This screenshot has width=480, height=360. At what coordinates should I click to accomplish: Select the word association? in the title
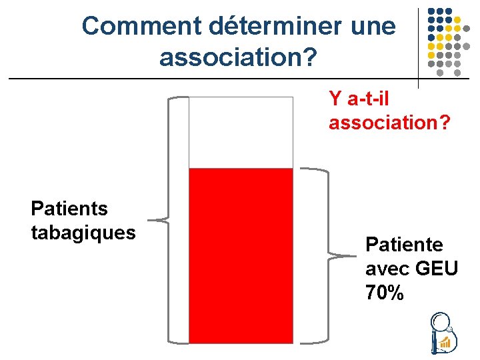pyautogui.click(x=238, y=57)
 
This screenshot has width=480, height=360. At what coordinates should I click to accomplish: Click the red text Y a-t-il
pyautogui.click(x=359, y=99)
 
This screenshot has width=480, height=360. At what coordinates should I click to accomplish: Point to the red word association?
pyautogui.click(x=389, y=123)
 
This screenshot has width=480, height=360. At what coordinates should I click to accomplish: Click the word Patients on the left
pyautogui.click(x=69, y=209)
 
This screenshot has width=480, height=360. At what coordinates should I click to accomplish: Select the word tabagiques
pyautogui.click(x=83, y=233)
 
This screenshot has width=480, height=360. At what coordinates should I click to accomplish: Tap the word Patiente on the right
pyautogui.click(x=404, y=245)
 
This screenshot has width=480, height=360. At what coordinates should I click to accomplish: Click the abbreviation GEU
pyautogui.click(x=436, y=269)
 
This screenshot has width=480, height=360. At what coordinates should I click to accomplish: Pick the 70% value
pyautogui.click(x=385, y=293)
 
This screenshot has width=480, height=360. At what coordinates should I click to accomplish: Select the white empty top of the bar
pyautogui.click(x=241, y=132)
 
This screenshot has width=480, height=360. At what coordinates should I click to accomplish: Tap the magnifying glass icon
pyautogui.click(x=441, y=333)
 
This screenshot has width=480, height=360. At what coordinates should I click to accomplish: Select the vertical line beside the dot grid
pyautogui.click(x=418, y=47)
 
